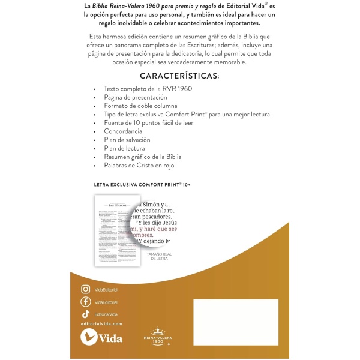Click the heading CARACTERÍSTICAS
[x=179, y=76]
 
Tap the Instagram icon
[x=85, y=289]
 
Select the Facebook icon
[x=85, y=302]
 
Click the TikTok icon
[x=85, y=314]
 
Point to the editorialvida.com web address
[x=101, y=324]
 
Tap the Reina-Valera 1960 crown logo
[x=157, y=337]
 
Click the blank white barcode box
[x=236, y=322]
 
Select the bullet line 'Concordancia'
[x=123, y=131]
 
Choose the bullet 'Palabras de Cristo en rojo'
[x=139, y=165]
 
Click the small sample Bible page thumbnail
[x=113, y=227]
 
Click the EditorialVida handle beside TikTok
[x=107, y=314]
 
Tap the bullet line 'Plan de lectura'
[x=124, y=148]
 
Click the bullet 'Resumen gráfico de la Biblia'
[x=143, y=157]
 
